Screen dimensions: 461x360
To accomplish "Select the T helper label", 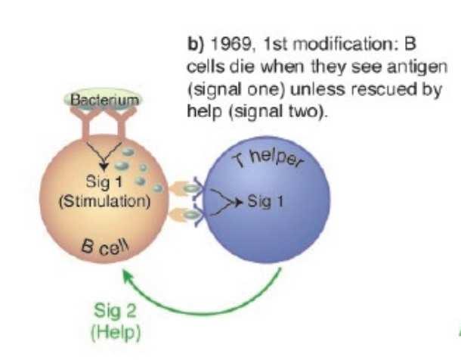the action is click(x=269, y=160).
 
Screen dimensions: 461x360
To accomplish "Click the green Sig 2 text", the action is click(x=115, y=310).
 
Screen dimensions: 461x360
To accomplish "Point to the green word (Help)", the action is click(x=116, y=333).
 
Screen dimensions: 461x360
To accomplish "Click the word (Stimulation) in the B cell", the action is click(x=104, y=202).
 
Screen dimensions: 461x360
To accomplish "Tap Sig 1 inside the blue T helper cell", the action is click(x=265, y=202).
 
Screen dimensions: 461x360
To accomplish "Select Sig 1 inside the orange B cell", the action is click(x=104, y=182).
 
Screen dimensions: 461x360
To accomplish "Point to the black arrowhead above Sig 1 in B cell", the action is click(x=104, y=167).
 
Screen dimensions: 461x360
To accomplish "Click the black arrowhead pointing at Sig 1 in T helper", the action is click(x=240, y=202).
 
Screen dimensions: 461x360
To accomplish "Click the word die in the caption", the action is click(x=241, y=67).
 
